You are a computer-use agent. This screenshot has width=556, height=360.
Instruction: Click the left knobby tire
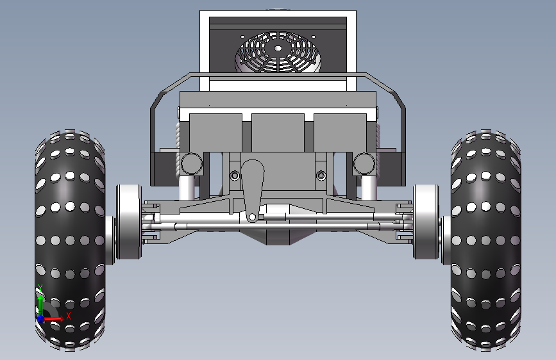[70, 240]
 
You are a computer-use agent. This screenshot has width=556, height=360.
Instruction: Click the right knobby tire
[486, 240]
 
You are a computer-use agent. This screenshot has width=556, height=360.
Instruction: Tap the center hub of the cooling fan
[278, 49]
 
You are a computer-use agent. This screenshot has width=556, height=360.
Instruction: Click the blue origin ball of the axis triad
[40, 319]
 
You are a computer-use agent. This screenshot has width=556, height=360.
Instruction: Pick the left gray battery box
[215, 133]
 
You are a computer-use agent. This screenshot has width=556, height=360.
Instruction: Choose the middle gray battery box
[278, 133]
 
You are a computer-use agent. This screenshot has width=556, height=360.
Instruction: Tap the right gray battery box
[340, 133]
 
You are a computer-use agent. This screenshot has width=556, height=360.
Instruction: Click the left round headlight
[192, 164]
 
